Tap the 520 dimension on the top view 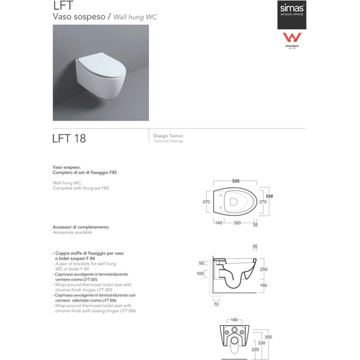(x=235, y=181)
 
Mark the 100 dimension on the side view (x=200, y=274)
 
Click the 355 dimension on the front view (x=269, y=337)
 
